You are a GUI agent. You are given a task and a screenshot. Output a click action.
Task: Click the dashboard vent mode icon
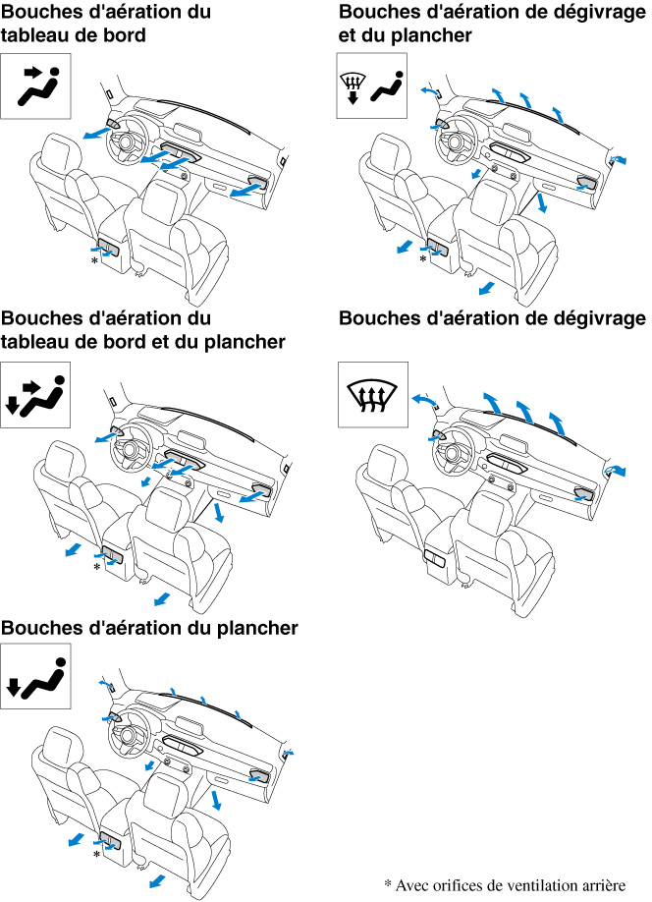click(38, 85)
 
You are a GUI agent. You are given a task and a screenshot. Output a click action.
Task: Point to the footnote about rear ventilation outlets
click(504, 883)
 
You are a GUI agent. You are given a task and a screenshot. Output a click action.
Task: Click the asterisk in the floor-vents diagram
click(95, 857)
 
